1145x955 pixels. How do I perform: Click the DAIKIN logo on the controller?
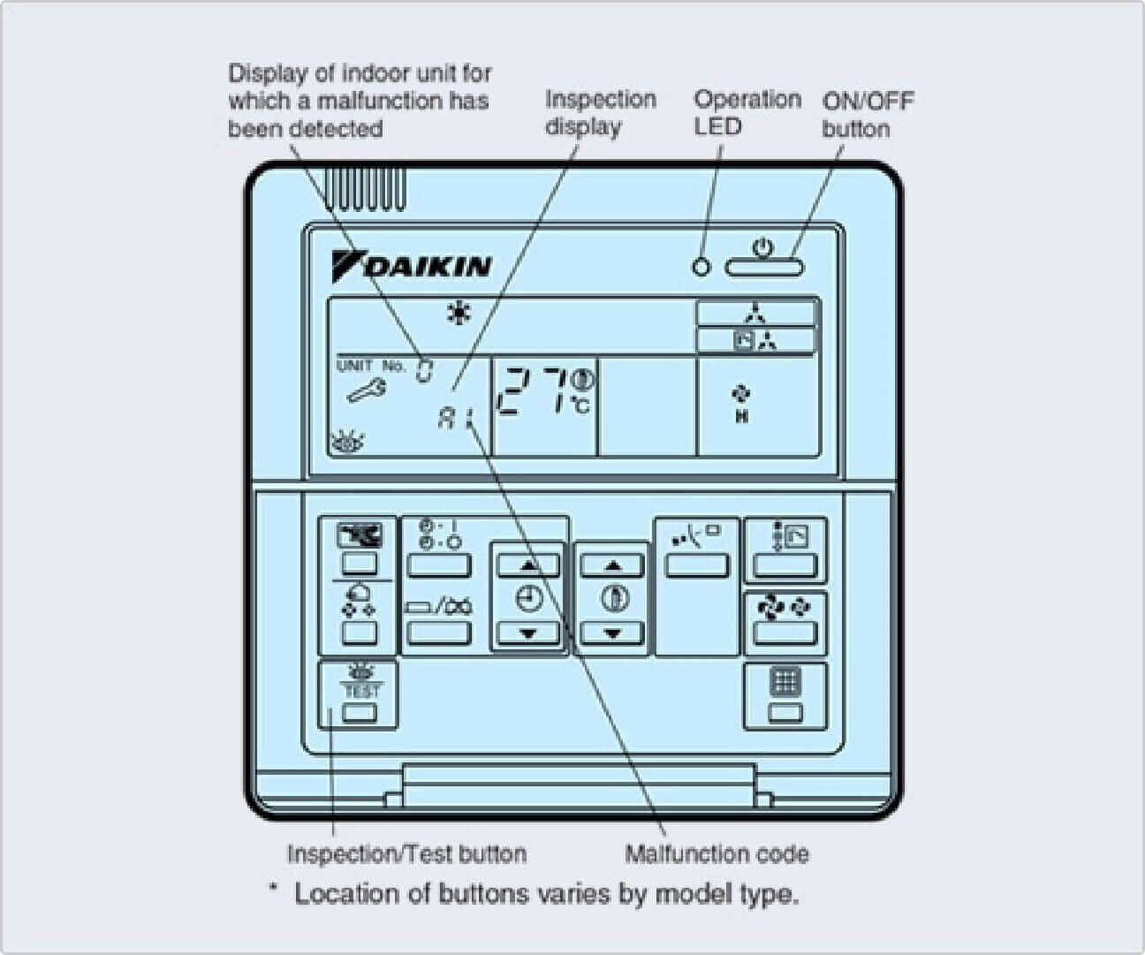coord(413,266)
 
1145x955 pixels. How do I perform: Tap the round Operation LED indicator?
coord(701,266)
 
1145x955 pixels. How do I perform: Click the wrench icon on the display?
coord(365,390)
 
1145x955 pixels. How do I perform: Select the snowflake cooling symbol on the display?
coord(459,313)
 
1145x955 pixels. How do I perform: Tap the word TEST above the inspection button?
coord(360,690)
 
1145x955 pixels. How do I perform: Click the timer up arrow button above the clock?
coord(528,565)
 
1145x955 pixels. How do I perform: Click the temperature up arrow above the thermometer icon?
coord(612,565)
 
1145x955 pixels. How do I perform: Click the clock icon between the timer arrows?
coord(528,599)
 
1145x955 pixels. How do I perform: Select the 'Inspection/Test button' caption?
coord(406,853)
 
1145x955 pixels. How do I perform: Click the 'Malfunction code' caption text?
coord(717,853)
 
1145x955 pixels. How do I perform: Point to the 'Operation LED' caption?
coord(747,112)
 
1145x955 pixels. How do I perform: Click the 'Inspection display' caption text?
coord(600,112)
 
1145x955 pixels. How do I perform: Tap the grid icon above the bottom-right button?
coord(785,682)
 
